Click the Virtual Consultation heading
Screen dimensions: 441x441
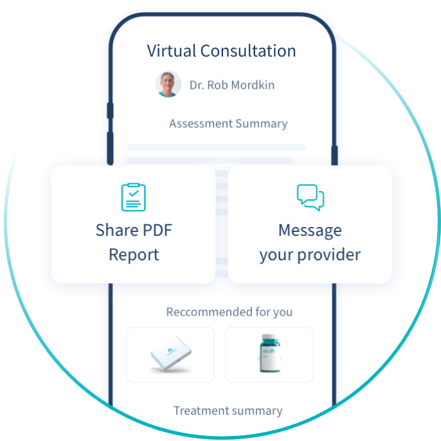coord(221,51)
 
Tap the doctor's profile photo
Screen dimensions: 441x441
coord(168,84)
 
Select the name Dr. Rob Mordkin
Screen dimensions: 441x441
coord(232,85)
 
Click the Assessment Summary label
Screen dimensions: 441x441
coord(228,123)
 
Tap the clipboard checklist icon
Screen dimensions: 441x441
coord(134,197)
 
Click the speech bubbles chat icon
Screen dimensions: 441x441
coord(310,197)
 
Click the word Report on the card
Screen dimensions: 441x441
coord(134,255)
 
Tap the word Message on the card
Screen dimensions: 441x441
coord(310,230)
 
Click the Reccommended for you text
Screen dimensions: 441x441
coord(229,312)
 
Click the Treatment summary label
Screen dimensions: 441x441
coord(228,411)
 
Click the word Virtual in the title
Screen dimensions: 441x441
coord(170,51)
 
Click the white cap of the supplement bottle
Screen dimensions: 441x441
coord(269,337)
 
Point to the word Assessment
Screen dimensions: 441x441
coord(200,123)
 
